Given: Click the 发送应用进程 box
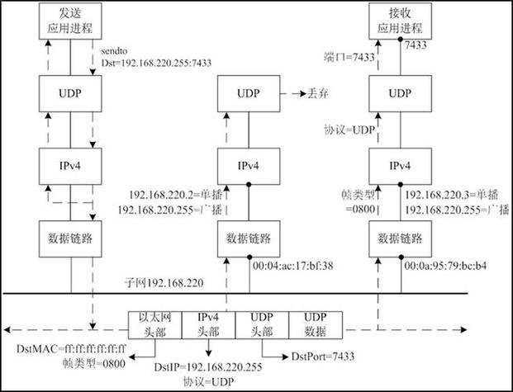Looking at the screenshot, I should [x=71, y=26].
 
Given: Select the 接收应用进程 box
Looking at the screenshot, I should [x=393, y=26].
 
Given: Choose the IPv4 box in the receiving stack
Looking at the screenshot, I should [x=393, y=166].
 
